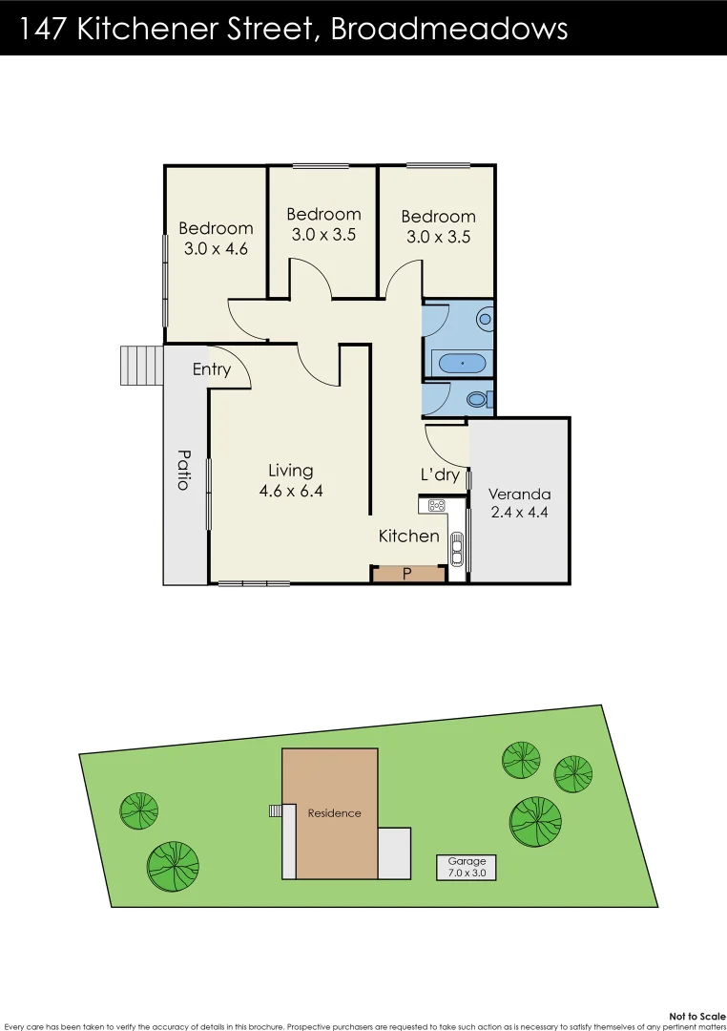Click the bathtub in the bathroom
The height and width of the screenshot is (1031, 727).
tap(460, 363)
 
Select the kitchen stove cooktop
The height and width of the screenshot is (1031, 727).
tap(437, 505)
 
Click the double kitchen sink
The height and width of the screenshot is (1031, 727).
tap(457, 547)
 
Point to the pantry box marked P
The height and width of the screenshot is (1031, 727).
tap(407, 574)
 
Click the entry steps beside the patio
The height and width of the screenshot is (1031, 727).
tap(141, 365)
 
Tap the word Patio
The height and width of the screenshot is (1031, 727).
tap(182, 470)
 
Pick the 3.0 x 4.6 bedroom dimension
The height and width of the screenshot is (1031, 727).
tap(216, 249)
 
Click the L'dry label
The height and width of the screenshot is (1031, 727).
tap(440, 474)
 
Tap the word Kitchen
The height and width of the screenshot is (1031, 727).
tap(408, 536)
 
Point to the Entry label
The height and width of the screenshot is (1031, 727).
tap(211, 369)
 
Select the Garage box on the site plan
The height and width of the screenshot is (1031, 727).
tap(467, 867)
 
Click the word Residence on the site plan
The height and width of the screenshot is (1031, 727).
tap(334, 813)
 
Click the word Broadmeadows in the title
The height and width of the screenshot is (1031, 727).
tap(448, 29)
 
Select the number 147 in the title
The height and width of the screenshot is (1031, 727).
tap(42, 29)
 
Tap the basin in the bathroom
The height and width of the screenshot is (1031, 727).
tap(485, 318)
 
